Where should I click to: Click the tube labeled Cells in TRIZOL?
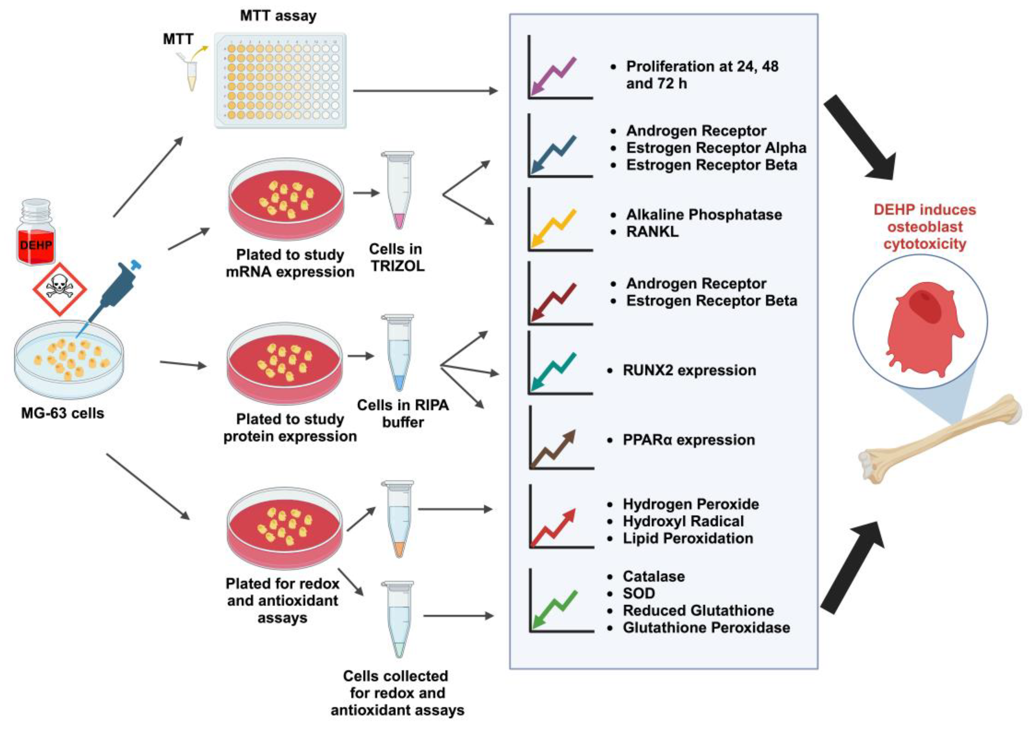(x=398, y=191)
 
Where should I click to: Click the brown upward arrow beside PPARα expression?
(x=553, y=449)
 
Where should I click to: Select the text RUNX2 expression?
(x=689, y=370)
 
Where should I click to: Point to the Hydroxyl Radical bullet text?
(x=683, y=521)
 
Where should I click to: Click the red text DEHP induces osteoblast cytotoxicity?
(x=924, y=227)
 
